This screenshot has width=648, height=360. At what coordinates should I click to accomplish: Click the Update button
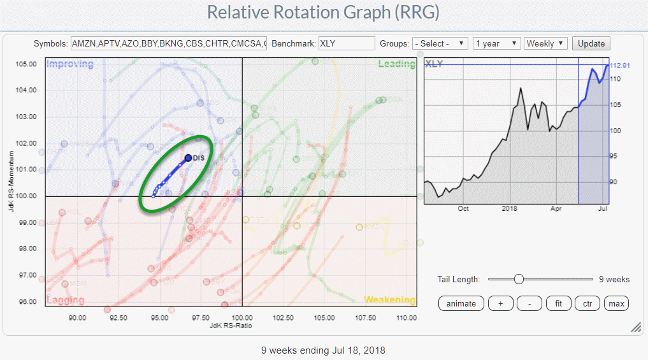tap(591, 43)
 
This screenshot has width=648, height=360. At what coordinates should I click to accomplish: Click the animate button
tap(461, 303)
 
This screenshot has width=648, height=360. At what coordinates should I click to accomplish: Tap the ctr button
tap(587, 303)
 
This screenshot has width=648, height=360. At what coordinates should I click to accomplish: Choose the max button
tap(616, 303)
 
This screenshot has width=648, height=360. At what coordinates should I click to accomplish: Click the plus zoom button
tap(500, 303)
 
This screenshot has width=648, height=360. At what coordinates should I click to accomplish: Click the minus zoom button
tap(529, 303)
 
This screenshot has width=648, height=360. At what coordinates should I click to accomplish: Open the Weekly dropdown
tap(545, 43)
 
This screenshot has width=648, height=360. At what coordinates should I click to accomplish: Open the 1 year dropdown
tap(497, 43)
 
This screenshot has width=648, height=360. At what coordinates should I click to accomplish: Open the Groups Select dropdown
tap(440, 43)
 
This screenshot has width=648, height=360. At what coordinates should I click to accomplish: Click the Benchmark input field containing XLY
tap(346, 43)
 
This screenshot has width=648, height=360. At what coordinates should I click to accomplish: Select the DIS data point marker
tap(188, 157)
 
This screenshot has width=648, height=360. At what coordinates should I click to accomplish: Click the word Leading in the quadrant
tap(396, 64)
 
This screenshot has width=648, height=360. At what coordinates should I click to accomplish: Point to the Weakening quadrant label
tap(389, 299)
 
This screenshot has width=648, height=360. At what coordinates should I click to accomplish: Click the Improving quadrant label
tap(70, 64)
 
